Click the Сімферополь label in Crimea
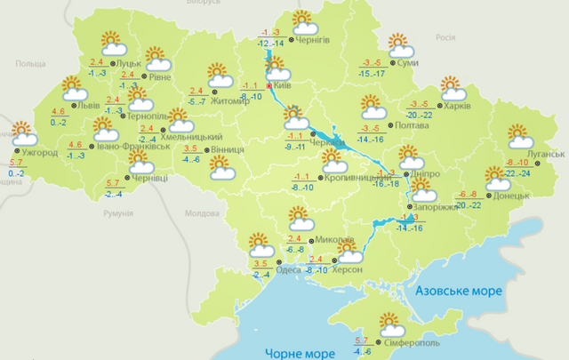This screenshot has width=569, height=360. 413,342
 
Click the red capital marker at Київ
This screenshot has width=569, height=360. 269,86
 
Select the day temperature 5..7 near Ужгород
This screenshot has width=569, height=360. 16,163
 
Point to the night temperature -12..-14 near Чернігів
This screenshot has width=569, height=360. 271,43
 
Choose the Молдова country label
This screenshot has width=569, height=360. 200,214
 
